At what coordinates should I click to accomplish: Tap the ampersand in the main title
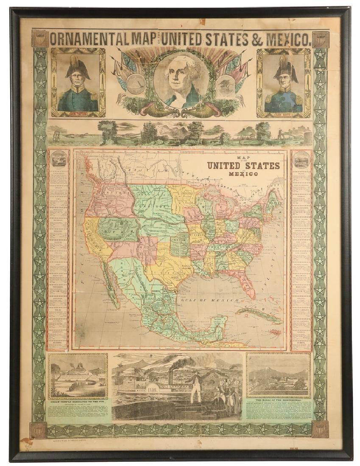pos(257,39)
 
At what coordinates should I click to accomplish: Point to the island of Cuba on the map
pos(257,314)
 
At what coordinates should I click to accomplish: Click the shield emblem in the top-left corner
pos(39,39)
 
